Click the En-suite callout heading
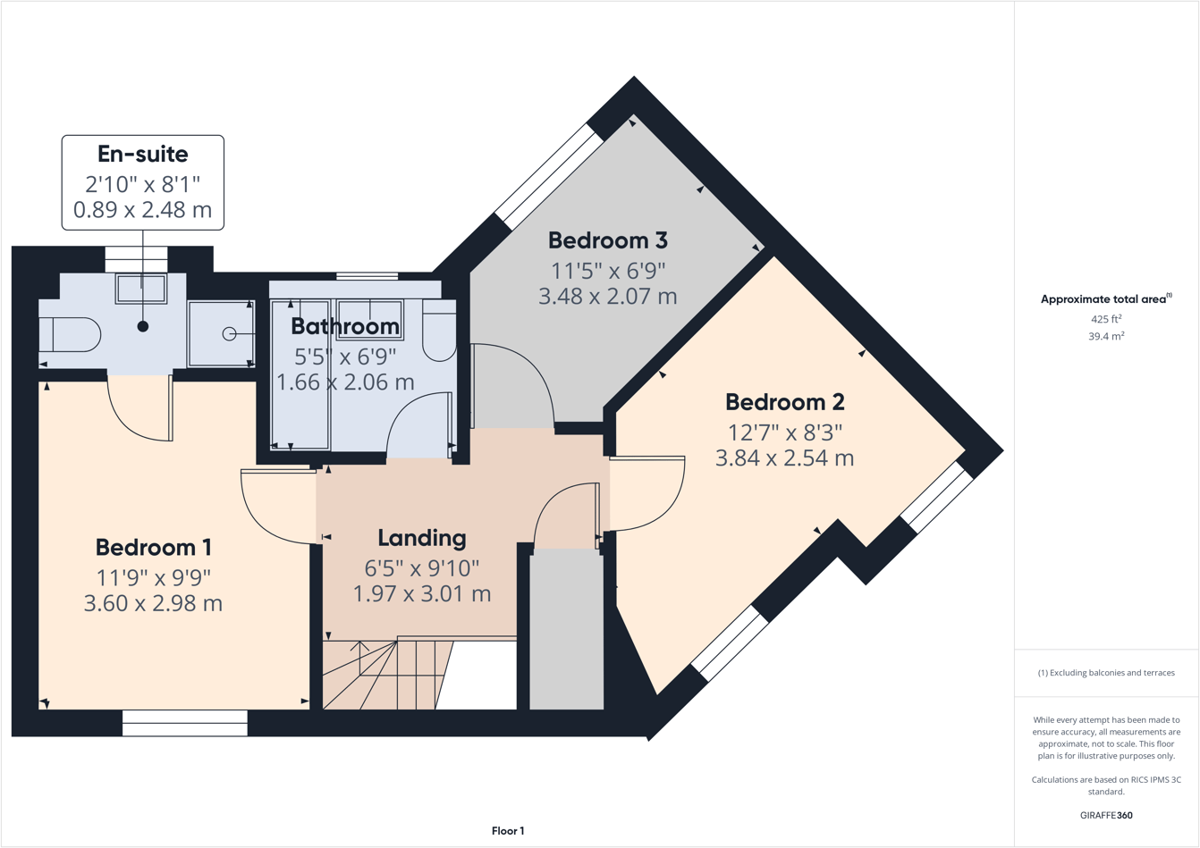tap(142, 155)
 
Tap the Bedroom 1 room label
tap(153, 547)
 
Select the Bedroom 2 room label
tap(785, 402)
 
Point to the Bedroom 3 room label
tap(607, 240)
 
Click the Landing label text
tap(422, 539)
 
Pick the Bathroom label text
tap(345, 326)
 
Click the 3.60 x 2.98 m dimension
tap(153, 603)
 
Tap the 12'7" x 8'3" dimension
tap(785, 432)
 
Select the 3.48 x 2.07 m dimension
tap(607, 296)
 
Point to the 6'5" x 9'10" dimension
tap(422, 568)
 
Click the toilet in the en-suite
tap(71, 334)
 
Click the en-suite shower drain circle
tap(229, 334)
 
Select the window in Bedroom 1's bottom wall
tap(185, 723)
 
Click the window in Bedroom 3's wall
tap(549, 177)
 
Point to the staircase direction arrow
tap(359, 658)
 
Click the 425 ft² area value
tap(1106, 318)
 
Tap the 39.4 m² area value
tap(1106, 336)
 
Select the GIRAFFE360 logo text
tap(1106, 815)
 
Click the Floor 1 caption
tap(508, 831)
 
